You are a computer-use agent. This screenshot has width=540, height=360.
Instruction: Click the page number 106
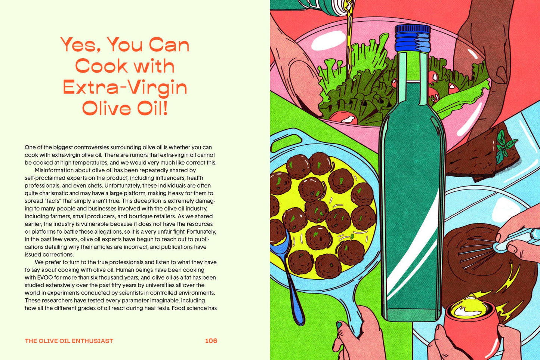click(211, 341)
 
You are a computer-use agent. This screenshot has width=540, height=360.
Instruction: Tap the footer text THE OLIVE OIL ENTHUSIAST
click(69, 341)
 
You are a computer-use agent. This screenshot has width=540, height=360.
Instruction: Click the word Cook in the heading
click(101, 66)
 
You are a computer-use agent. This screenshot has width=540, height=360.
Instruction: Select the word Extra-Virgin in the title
click(125, 87)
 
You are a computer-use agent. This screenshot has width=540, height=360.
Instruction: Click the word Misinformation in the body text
click(53, 170)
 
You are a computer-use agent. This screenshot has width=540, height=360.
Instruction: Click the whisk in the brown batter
click(478, 250)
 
